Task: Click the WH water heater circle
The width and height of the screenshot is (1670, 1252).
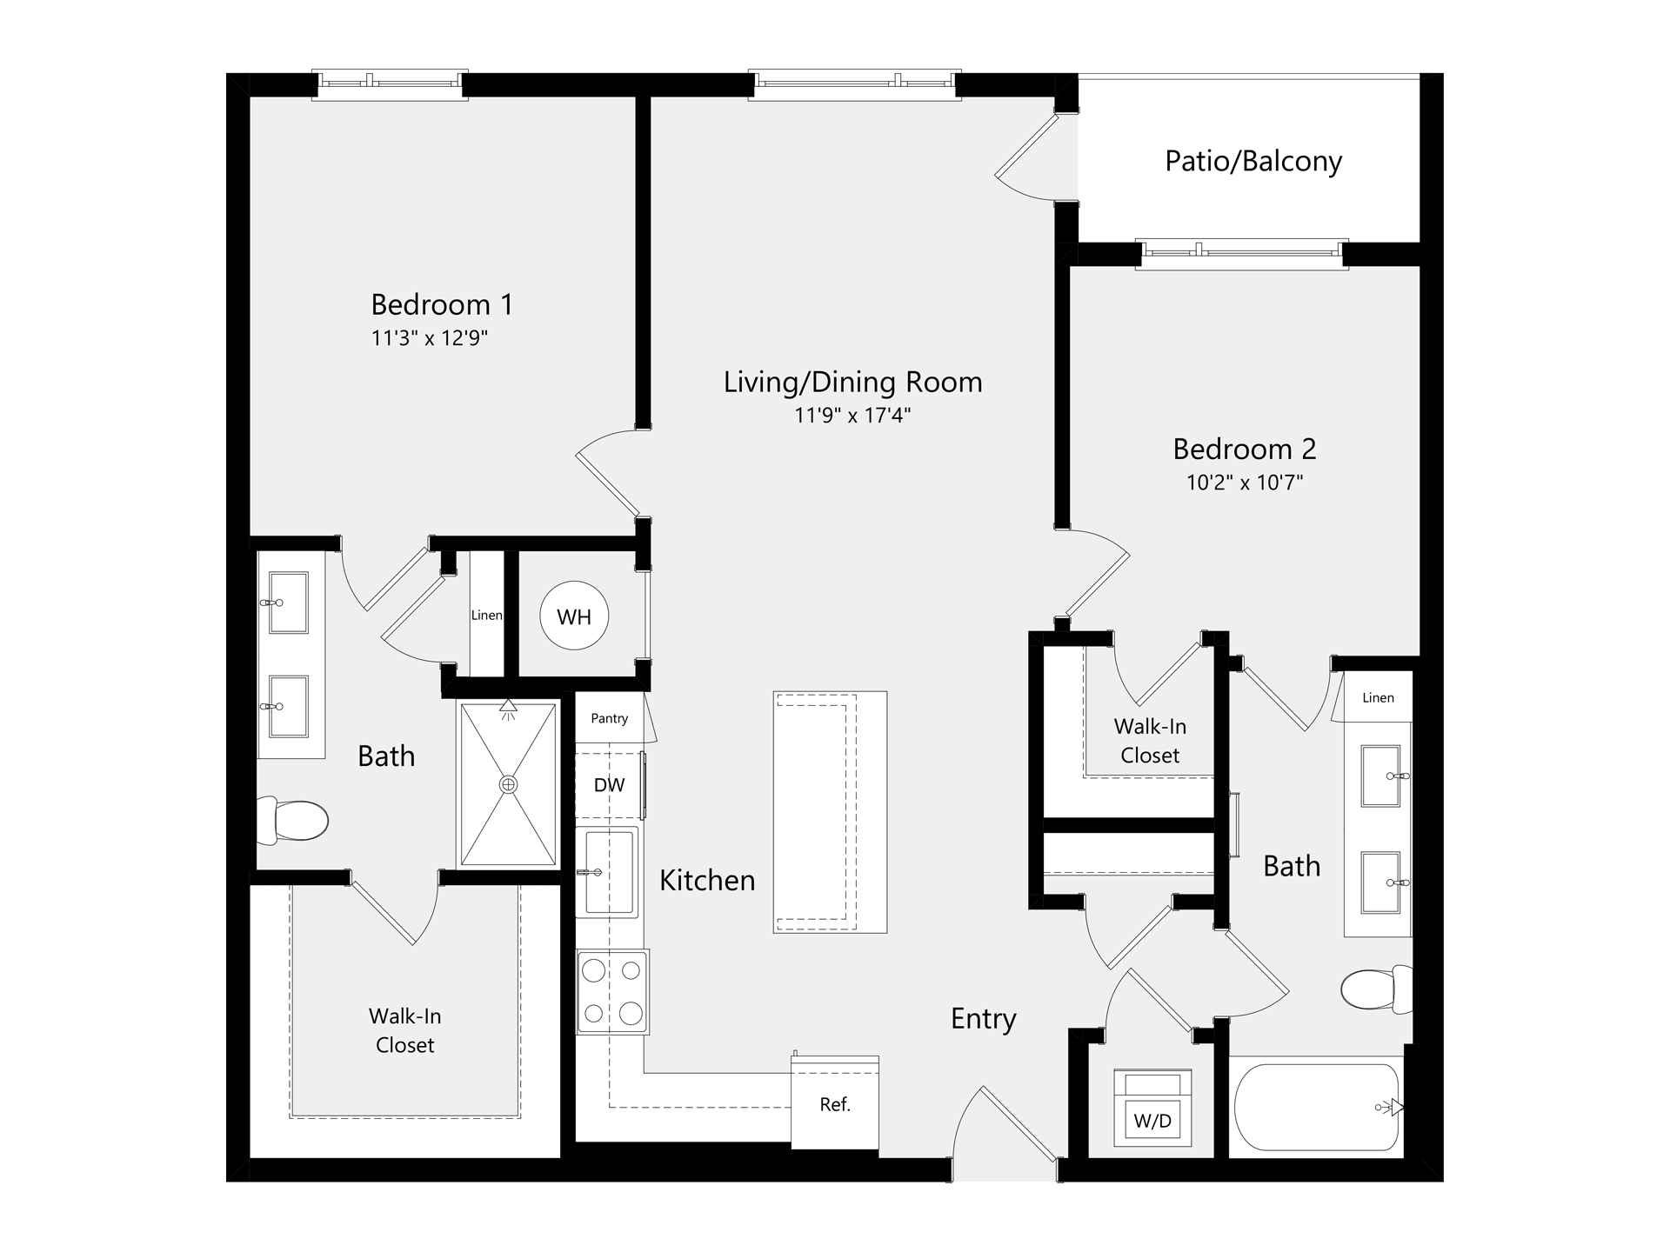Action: pyautogui.click(x=574, y=616)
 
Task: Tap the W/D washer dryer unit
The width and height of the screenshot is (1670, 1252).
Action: pyautogui.click(x=1153, y=1109)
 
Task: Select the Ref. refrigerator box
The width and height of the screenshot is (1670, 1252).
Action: pyautogui.click(x=835, y=1103)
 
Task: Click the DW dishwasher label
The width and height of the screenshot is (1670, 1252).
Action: pyautogui.click(x=609, y=785)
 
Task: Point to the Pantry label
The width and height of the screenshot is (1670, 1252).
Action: pyautogui.click(x=609, y=718)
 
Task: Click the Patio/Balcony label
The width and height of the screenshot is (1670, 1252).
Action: pyautogui.click(x=1253, y=162)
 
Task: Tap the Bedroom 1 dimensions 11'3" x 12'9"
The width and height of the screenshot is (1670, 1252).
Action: pyautogui.click(x=430, y=338)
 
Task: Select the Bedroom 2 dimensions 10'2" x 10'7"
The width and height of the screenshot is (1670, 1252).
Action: pyautogui.click(x=1245, y=482)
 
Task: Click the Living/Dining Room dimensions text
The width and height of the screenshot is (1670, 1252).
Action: pyautogui.click(x=852, y=415)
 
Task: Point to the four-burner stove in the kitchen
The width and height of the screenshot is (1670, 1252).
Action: pyautogui.click(x=612, y=991)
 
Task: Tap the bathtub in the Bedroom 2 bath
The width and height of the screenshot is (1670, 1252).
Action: pyautogui.click(x=1317, y=1106)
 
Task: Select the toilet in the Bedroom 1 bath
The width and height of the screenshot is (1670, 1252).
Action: pyautogui.click(x=293, y=821)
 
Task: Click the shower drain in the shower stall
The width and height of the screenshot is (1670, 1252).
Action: pyautogui.click(x=508, y=784)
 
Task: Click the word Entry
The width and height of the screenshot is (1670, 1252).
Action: pyautogui.click(x=984, y=1019)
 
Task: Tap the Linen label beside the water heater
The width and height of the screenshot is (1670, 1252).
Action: pyautogui.click(x=486, y=616)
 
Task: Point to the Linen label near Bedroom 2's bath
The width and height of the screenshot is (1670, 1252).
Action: pyautogui.click(x=1378, y=697)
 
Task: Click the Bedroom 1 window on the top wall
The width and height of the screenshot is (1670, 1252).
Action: pyautogui.click(x=391, y=84)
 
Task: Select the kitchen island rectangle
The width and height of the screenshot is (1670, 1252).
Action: pyautogui.click(x=830, y=812)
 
